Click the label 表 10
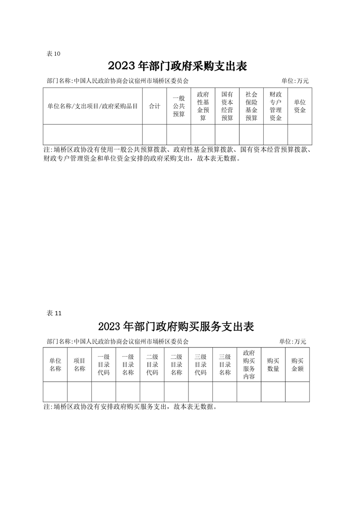click(x=54, y=54)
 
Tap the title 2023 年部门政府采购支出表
click(x=178, y=66)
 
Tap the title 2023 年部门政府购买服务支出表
click(x=176, y=326)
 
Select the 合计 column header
click(x=155, y=106)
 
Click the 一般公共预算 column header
click(x=179, y=106)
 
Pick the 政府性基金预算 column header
click(x=203, y=106)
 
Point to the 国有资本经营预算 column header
click(x=227, y=106)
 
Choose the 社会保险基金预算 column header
click(x=252, y=106)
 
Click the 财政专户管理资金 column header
click(x=276, y=106)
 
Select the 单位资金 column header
click(x=300, y=106)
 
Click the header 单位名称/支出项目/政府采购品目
click(x=93, y=106)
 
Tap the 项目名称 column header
click(x=79, y=365)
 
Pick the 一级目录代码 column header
click(x=104, y=365)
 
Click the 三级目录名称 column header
click(x=225, y=365)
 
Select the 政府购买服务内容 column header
click(x=249, y=365)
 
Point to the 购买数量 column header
click(x=273, y=365)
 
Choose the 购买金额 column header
click(x=297, y=365)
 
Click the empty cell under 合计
click(x=155, y=134)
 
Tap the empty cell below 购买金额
click(x=297, y=392)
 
